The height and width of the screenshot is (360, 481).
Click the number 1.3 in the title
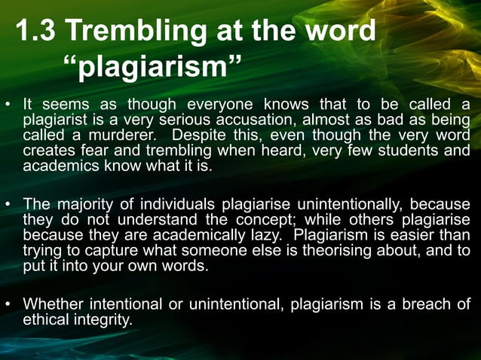pos(36,32)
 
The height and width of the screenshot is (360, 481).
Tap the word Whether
pos(53,304)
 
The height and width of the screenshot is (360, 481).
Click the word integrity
pos(105,319)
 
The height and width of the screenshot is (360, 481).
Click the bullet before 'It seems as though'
pos(8,105)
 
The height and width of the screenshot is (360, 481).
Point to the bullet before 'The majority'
pos(8,204)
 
